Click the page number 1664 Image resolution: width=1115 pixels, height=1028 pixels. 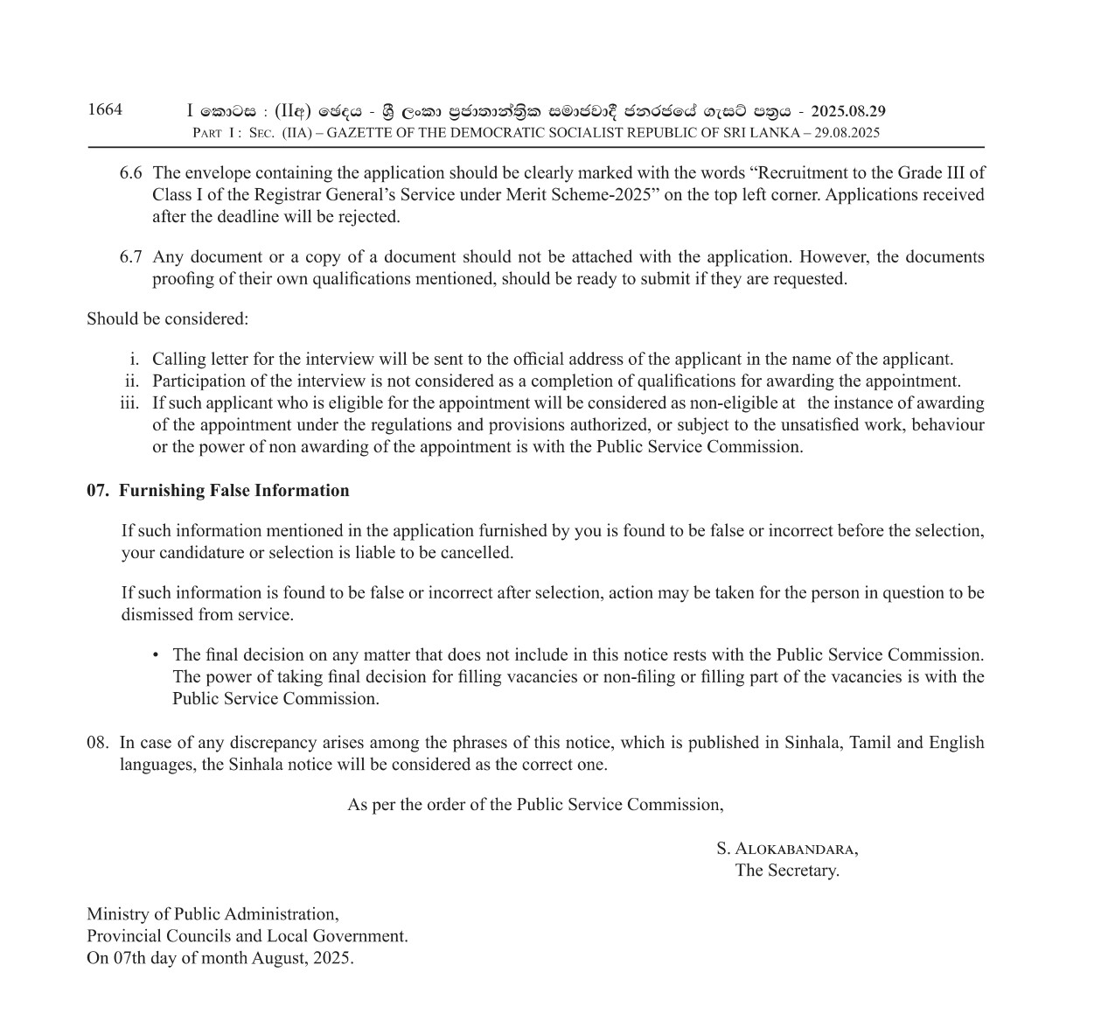[x=105, y=109]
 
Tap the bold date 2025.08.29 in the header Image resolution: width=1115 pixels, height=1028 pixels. [x=847, y=111]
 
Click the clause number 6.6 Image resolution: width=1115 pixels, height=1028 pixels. [x=131, y=172]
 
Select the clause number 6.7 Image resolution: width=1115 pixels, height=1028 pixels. [x=131, y=257]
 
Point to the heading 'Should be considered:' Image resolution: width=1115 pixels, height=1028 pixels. [x=167, y=318]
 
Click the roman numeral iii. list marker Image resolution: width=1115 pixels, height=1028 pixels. [x=129, y=403]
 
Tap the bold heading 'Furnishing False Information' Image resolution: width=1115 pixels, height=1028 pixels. [x=234, y=491]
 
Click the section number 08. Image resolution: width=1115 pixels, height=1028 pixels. [x=97, y=743]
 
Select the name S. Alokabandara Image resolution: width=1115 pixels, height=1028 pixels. [x=787, y=849]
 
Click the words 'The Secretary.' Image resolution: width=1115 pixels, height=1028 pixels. [x=787, y=871]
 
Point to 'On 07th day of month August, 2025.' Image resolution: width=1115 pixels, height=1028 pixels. [x=220, y=958]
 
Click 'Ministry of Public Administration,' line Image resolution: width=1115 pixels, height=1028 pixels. [x=213, y=914]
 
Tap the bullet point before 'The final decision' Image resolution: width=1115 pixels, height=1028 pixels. [x=156, y=654]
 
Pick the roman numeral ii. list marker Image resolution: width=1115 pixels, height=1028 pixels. [x=132, y=381]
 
